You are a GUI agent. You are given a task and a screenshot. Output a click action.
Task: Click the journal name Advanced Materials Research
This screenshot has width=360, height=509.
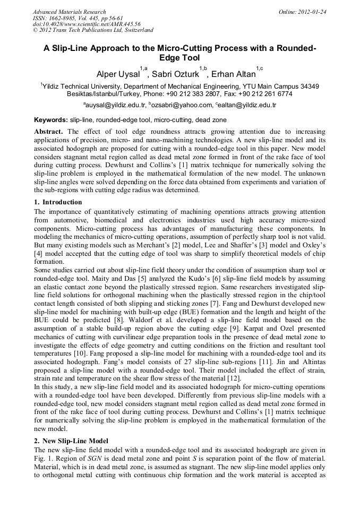69,12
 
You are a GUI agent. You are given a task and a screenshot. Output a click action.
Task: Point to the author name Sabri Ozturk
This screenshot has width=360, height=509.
175,74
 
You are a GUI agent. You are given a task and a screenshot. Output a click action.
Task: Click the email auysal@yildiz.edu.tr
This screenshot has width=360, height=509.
115,106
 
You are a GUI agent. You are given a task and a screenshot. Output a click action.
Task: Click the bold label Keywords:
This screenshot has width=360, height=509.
51,120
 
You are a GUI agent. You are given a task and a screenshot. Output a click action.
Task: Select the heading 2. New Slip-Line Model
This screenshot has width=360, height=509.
71,441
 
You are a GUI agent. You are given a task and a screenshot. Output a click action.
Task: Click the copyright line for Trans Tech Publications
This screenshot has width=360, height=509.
93,30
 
